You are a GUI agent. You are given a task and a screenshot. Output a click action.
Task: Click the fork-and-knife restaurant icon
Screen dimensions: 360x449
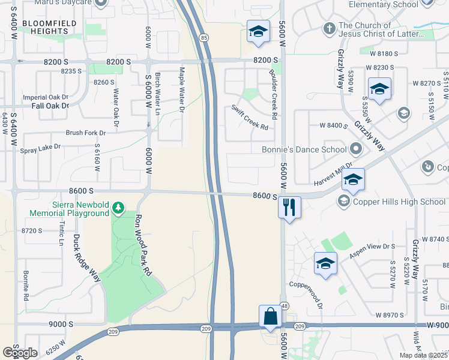point(289,208)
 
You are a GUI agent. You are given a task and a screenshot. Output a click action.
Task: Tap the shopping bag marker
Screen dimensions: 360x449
point(270,316)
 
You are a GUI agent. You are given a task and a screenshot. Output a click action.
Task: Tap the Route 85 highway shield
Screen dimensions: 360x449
point(205,38)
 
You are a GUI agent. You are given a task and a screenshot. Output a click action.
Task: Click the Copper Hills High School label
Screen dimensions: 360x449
point(399,202)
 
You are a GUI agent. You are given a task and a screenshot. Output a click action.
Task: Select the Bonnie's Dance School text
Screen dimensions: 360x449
point(304,149)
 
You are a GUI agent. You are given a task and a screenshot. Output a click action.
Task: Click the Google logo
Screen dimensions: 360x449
point(20,353)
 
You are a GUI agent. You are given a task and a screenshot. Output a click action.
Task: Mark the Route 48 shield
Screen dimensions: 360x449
point(284,306)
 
